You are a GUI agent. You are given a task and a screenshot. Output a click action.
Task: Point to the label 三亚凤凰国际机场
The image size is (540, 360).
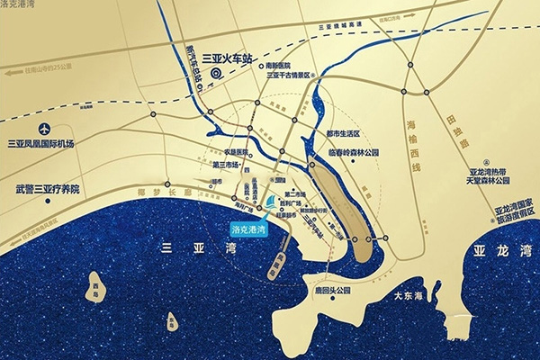click(x=41, y=144)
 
